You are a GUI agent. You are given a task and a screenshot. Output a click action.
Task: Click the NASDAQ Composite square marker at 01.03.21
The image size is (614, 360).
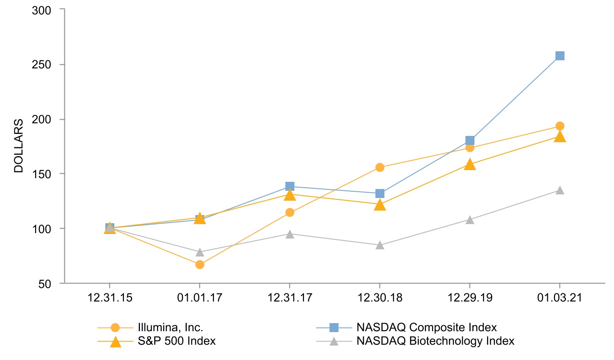point(560,56)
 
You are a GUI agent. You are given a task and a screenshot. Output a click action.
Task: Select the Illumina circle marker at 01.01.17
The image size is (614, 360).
point(200,265)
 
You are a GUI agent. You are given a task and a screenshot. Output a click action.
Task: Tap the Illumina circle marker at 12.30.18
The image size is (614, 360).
point(379,167)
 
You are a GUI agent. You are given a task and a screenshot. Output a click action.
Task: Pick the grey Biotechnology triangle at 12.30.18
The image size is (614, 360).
point(379,245)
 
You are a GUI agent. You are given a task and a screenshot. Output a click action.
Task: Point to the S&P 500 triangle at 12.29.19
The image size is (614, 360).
point(470,164)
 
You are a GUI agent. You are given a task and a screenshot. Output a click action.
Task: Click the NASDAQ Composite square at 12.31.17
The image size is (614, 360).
point(290,186)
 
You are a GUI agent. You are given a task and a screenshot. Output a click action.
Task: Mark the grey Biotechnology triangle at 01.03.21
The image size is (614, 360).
point(560,190)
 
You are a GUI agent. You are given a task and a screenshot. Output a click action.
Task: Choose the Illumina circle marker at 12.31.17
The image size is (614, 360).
point(290,212)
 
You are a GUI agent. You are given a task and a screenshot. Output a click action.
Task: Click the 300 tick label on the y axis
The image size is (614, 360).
point(43,9)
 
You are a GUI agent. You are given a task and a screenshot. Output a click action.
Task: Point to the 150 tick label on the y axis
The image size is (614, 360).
point(43,174)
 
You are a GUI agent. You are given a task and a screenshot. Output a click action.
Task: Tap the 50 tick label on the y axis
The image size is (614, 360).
point(46,283)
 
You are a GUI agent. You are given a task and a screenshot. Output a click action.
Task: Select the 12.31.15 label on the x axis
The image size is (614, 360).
point(109,299)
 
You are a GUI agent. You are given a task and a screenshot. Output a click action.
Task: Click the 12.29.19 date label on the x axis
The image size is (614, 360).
point(470,299)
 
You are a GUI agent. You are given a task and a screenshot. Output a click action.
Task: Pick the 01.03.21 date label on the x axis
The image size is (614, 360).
point(560,299)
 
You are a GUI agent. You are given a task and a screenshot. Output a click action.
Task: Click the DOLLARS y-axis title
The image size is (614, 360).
point(18,146)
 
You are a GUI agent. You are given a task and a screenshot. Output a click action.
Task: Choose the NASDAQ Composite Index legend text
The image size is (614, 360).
point(426,327)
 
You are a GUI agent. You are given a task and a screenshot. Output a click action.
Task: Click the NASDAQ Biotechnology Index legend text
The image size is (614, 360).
point(435,341)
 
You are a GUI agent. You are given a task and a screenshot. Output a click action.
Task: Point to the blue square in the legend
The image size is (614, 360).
point(334,327)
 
